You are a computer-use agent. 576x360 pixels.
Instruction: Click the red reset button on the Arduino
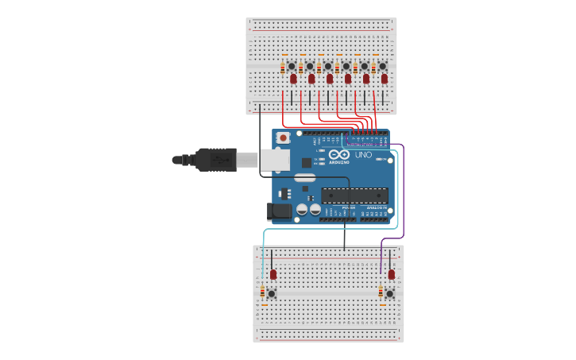[x=282, y=138]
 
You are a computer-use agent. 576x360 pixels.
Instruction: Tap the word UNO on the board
[x=363, y=155]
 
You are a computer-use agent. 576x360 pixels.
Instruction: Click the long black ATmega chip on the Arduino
[x=354, y=195]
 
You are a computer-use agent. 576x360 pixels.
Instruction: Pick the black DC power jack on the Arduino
[x=279, y=211]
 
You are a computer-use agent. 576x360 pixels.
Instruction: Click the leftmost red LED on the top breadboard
[x=293, y=79]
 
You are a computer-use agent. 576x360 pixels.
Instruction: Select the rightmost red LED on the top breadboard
[x=385, y=79]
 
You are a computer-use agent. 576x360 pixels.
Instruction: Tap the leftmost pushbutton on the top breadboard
[x=292, y=66]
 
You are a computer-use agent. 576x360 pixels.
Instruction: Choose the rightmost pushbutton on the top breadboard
[x=382, y=66]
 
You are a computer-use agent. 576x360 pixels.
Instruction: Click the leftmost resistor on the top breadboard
[x=284, y=68]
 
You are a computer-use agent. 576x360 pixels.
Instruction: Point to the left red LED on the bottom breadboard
[x=273, y=274]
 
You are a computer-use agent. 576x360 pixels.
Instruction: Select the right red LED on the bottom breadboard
[x=392, y=274]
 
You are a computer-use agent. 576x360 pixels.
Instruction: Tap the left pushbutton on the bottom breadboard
[x=272, y=293]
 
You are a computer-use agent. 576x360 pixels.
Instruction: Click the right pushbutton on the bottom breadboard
[x=390, y=293]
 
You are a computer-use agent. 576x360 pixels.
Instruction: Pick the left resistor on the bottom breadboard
[x=264, y=294]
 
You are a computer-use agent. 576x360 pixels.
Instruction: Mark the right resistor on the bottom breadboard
[x=381, y=294]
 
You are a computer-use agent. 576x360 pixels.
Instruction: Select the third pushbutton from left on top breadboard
[x=328, y=66]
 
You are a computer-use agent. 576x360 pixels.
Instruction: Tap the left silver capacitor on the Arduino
[x=303, y=211]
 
